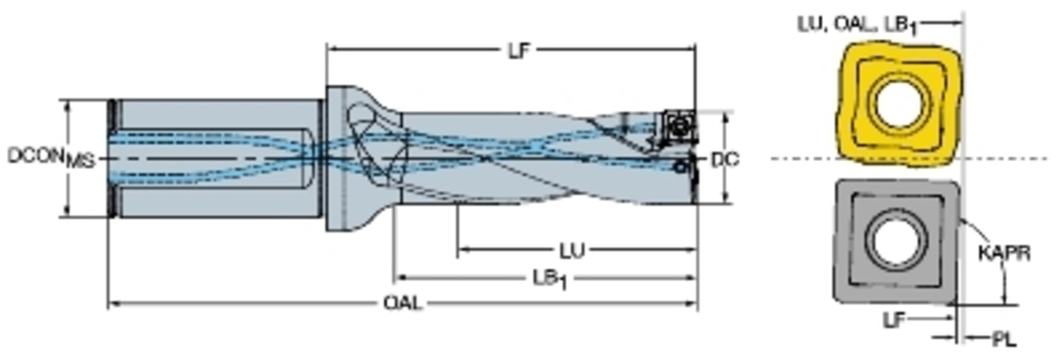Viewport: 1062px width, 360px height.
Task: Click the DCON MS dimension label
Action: [51, 158]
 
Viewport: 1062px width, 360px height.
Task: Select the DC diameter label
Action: [725, 160]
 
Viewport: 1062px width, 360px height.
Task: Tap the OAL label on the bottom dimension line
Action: [402, 303]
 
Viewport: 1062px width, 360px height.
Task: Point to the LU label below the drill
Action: [572, 251]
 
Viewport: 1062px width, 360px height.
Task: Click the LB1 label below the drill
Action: [550, 280]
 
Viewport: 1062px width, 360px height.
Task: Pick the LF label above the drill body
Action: [519, 51]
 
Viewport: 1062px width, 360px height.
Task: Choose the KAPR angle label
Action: [1004, 254]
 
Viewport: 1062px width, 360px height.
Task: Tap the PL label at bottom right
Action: [1004, 339]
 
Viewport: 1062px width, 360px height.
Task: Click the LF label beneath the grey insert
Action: [894, 321]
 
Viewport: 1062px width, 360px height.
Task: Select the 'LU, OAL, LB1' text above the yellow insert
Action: [858, 25]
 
